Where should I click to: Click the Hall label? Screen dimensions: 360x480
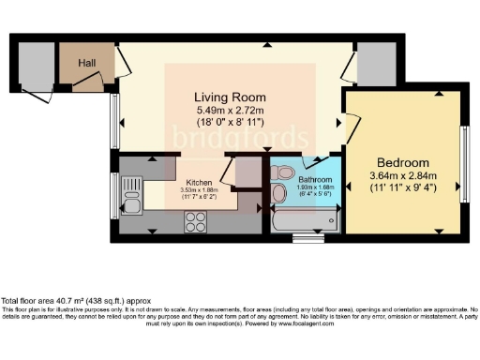(87, 62)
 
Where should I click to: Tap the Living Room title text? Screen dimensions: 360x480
(230, 97)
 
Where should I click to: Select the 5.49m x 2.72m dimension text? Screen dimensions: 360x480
(230, 110)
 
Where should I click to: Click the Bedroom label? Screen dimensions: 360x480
(404, 162)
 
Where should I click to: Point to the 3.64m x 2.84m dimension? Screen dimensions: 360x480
(404, 175)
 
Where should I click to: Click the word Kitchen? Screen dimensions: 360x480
(199, 182)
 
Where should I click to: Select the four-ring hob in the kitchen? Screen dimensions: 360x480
(196, 222)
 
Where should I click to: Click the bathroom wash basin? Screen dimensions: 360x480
(280, 172)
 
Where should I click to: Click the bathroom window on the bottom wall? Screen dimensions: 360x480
(307, 238)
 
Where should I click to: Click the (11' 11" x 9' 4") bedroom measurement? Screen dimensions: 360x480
(404, 187)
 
